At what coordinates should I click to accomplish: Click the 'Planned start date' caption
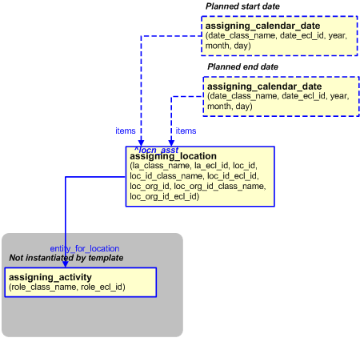click(242, 6)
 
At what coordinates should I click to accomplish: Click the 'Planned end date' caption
click(242, 66)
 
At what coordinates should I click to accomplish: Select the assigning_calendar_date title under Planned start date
click(262, 26)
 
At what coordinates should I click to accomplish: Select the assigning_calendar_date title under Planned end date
click(264, 86)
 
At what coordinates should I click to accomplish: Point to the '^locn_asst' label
click(157, 149)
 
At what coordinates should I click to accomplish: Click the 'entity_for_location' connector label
click(84, 248)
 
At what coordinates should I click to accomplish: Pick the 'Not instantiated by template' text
click(66, 258)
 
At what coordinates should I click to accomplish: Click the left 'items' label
click(126, 131)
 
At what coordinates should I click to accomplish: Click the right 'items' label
click(186, 131)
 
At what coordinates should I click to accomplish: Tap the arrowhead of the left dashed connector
click(141, 141)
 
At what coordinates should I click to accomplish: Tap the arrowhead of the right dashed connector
click(170, 141)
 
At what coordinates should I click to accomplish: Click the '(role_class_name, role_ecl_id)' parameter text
click(66, 287)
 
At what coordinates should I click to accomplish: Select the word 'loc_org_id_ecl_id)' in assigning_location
click(164, 196)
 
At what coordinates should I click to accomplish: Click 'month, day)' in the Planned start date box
click(229, 46)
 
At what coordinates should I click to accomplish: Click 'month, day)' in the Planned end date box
click(230, 106)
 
